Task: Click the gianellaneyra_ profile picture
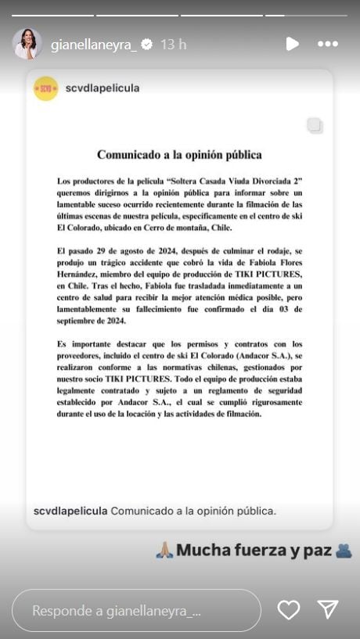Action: click(27, 45)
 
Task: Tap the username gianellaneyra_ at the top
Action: click(94, 45)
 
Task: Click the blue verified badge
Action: click(147, 45)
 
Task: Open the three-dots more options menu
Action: click(328, 44)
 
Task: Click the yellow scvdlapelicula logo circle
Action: click(46, 88)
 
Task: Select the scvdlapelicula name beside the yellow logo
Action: click(103, 88)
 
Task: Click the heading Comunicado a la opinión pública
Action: click(179, 155)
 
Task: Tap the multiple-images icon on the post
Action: click(315, 126)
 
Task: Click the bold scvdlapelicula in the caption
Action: click(70, 511)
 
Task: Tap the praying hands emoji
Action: click(164, 551)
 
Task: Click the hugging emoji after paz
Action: click(344, 551)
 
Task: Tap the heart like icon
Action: click(289, 610)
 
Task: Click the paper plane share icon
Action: click(328, 610)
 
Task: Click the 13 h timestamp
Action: click(173, 45)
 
